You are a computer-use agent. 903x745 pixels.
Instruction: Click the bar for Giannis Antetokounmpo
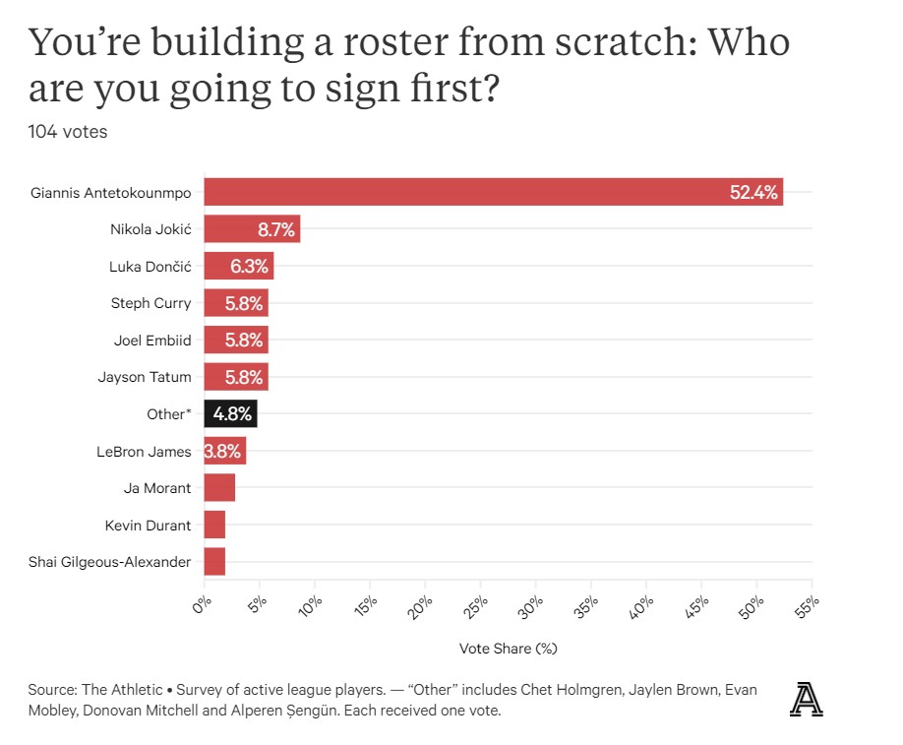point(492,192)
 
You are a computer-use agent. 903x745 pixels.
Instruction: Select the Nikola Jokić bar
point(252,229)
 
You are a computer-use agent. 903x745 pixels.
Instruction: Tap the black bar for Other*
point(230,413)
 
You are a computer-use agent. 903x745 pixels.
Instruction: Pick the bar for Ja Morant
point(219,487)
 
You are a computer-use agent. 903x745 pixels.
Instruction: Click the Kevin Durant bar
point(214,525)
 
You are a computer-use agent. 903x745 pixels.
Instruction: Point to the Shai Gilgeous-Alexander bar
point(214,562)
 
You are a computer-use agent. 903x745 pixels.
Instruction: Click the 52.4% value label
point(753,192)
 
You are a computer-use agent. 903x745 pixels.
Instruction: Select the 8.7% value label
point(275,229)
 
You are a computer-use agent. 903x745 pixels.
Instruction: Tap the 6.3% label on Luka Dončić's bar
point(249,266)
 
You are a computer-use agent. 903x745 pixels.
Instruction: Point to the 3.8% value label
point(224,451)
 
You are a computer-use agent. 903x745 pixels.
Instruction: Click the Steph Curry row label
point(151,303)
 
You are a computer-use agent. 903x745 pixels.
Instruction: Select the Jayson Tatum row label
point(145,377)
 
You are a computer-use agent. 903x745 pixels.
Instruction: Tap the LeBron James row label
point(146,451)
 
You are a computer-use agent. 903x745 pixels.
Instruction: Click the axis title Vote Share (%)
point(509,649)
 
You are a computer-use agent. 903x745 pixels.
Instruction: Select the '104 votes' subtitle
point(68,132)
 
